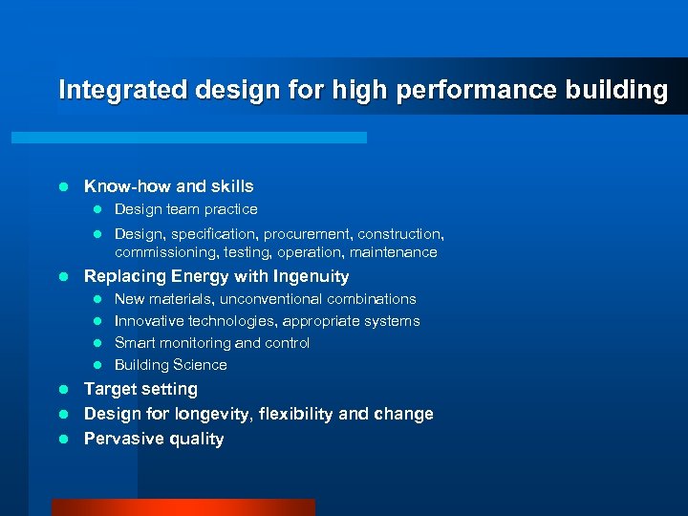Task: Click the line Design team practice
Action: pos(185,209)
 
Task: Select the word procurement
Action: pos(307,234)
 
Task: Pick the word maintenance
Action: pos(393,253)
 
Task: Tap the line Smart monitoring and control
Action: pos(212,343)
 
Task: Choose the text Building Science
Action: pos(171,365)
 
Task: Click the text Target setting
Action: pos(140,389)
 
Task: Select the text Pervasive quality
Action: pos(154,439)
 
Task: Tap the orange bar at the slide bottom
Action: pos(183,507)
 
